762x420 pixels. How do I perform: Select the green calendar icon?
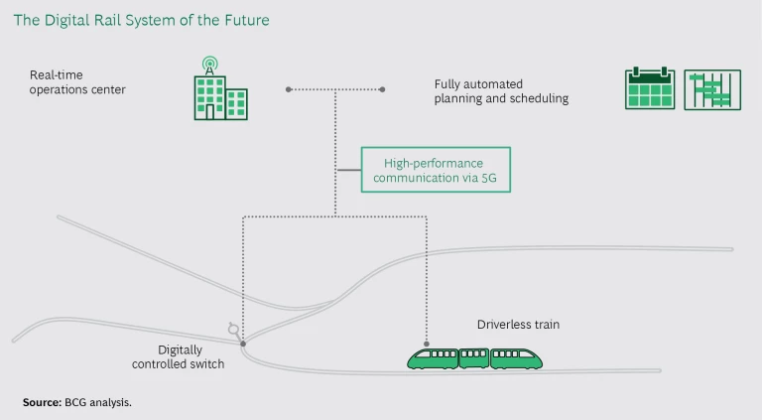(650, 89)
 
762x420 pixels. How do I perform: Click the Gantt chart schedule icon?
(712, 89)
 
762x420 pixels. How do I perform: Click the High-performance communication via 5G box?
(435, 170)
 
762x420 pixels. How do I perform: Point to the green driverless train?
(475, 358)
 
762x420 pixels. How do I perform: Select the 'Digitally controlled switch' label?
(179, 356)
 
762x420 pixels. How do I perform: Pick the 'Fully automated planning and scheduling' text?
(501, 91)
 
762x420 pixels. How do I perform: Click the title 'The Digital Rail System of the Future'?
(141, 20)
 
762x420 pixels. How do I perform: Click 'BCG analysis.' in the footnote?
(103, 402)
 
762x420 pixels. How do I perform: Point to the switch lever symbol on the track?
(234, 329)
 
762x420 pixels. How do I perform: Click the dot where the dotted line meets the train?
(427, 344)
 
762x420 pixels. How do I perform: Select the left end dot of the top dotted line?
(289, 89)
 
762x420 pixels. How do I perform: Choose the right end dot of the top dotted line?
(382, 89)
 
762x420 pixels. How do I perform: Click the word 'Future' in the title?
(244, 20)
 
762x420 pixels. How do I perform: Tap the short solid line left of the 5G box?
(348, 170)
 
